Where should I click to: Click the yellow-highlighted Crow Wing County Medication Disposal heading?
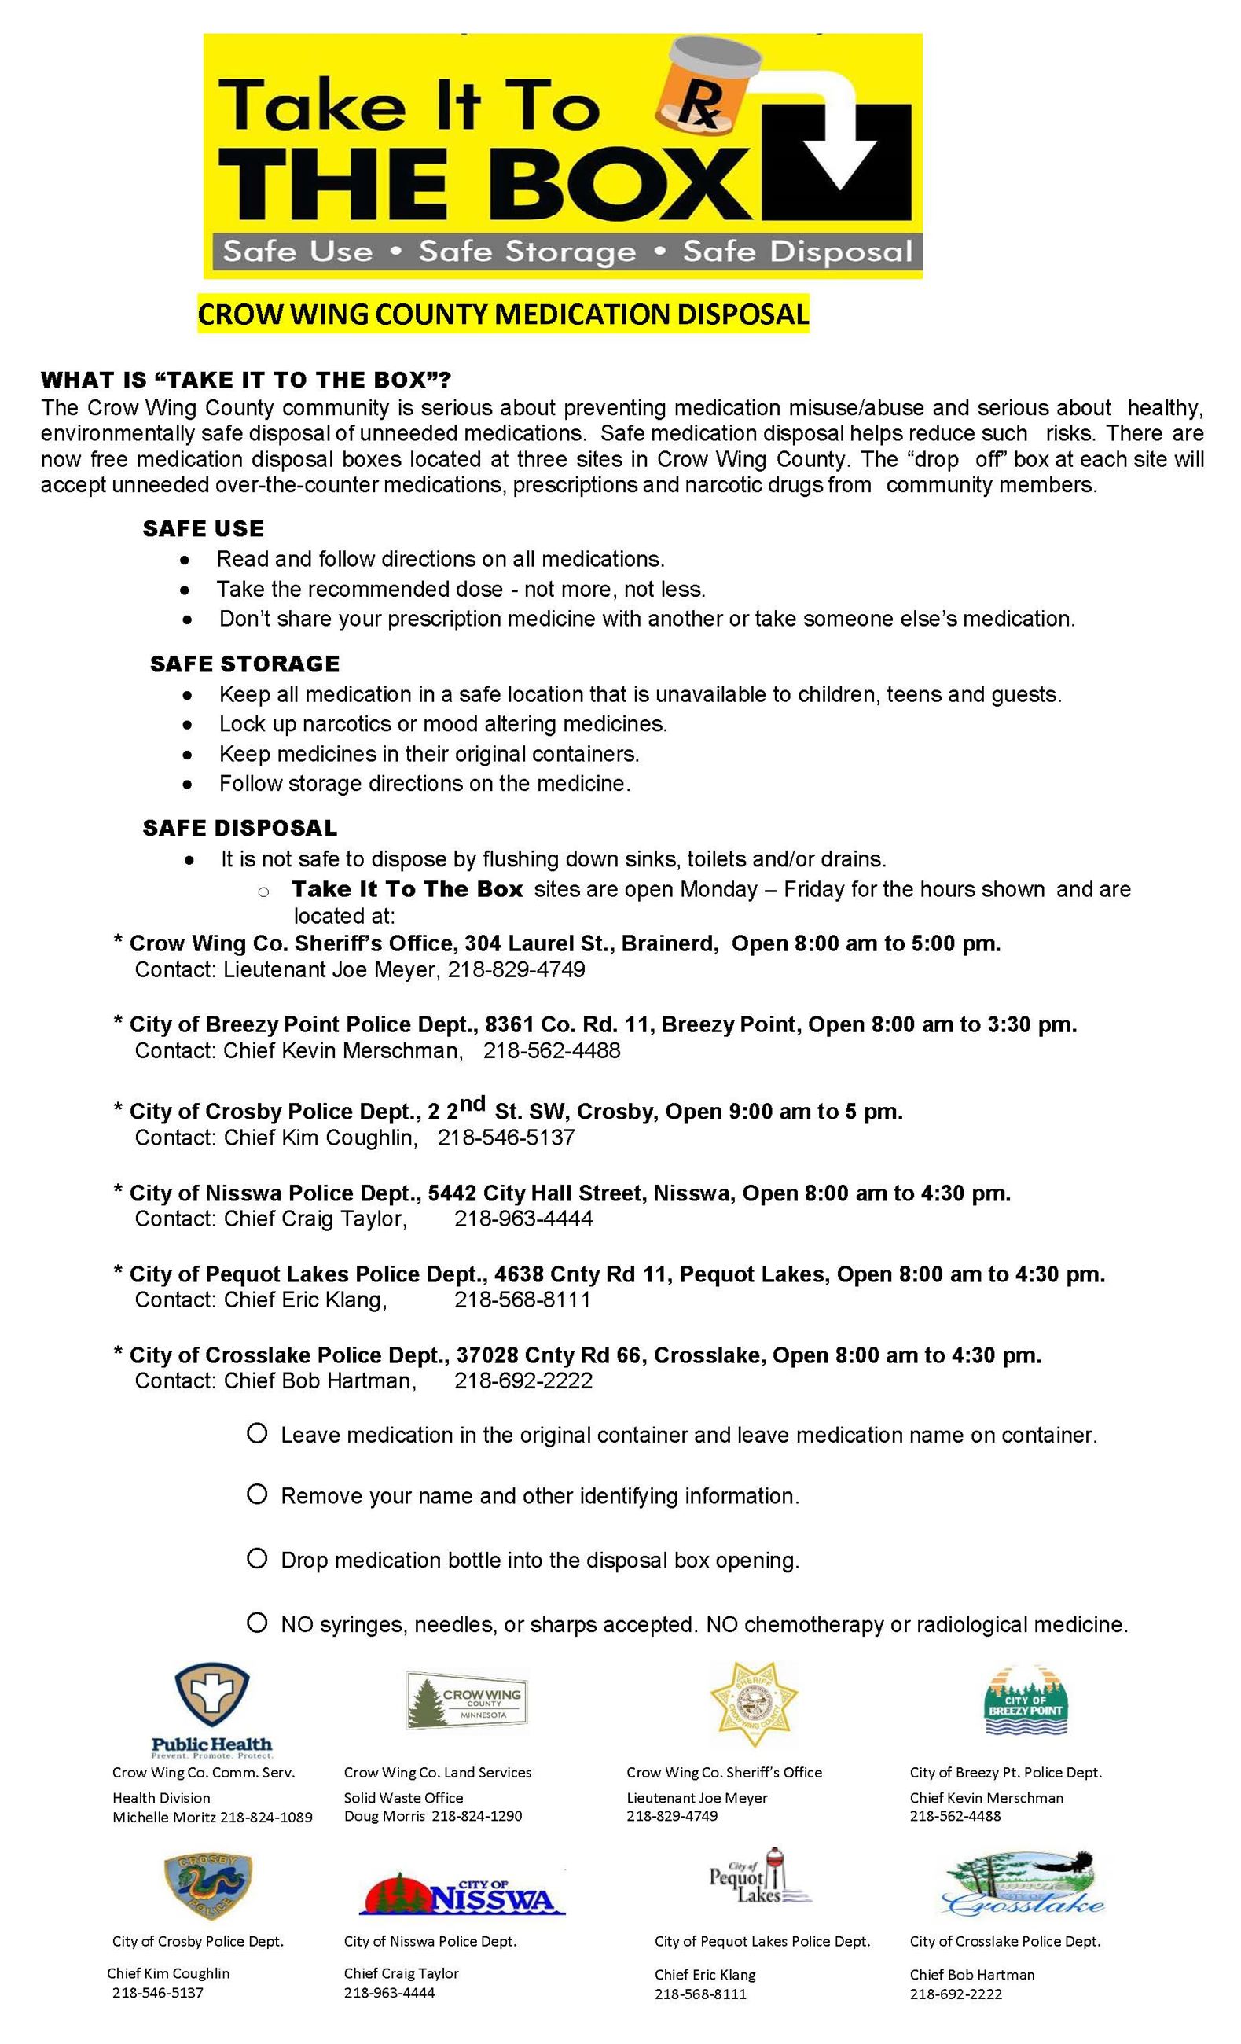(503, 314)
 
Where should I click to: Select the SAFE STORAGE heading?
(244, 664)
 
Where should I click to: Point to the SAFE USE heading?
(204, 528)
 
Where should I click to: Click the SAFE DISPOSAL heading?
(240, 828)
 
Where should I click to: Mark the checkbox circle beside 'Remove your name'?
(257, 1494)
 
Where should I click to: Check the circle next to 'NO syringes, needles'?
(257, 1623)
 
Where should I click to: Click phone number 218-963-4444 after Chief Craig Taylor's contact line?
(523, 1219)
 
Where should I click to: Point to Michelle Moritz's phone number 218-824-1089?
(266, 1818)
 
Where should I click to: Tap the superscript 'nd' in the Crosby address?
(472, 1103)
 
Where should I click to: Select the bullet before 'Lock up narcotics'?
(189, 724)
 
